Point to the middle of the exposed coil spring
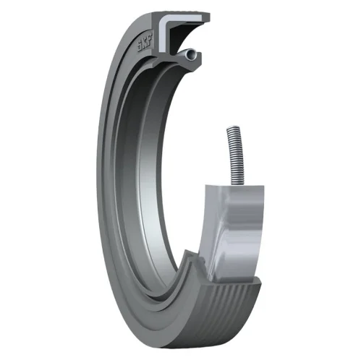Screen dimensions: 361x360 point(237,157)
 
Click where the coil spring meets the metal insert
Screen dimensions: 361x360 point(239,185)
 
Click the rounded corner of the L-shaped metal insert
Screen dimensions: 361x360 point(163,20)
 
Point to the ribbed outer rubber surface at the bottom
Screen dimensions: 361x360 point(217,313)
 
